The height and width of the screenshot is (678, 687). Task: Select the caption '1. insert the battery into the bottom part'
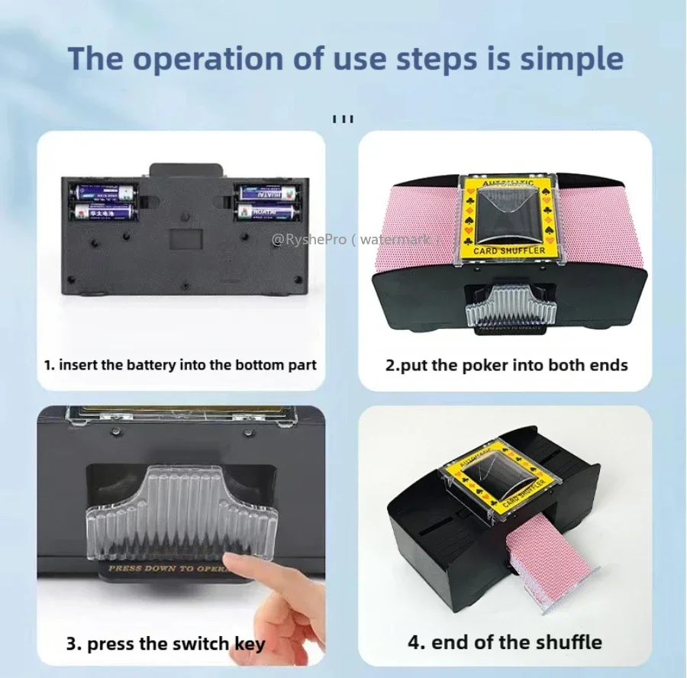(x=180, y=365)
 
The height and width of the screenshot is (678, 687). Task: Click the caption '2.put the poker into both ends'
(x=506, y=365)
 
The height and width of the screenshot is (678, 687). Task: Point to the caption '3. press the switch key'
(x=166, y=644)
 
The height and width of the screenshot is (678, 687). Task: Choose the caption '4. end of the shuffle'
(x=505, y=641)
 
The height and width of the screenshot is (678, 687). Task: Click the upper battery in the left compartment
(x=102, y=192)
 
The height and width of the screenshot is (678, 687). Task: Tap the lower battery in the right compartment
(x=267, y=211)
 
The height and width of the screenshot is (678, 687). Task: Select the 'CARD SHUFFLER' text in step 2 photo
(x=509, y=250)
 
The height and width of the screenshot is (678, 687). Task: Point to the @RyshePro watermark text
(x=356, y=240)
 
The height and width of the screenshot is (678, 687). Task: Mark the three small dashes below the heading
(x=343, y=119)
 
